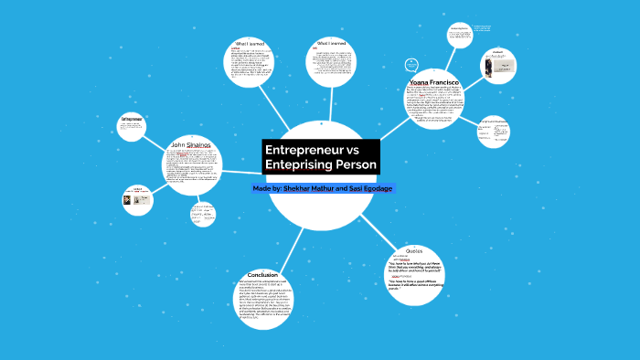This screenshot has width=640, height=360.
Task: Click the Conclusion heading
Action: pyautogui.click(x=262, y=274)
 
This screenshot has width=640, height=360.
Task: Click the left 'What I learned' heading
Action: pyautogui.click(x=250, y=43)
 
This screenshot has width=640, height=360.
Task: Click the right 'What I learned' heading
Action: pyautogui.click(x=330, y=43)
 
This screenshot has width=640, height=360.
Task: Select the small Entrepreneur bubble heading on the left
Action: pyautogui.click(x=133, y=119)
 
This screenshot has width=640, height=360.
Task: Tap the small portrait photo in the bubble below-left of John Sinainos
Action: pyautogui.click(x=128, y=201)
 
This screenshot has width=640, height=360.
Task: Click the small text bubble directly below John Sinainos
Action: pyautogui.click(x=202, y=214)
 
